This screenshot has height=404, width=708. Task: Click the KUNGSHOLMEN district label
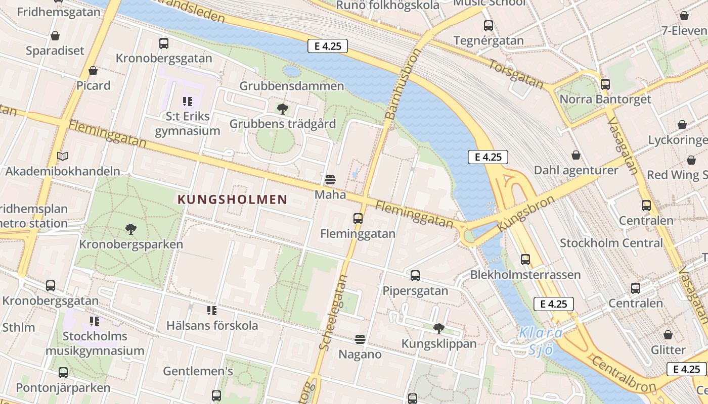(x=232, y=199)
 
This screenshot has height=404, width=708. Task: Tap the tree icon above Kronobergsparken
(x=131, y=229)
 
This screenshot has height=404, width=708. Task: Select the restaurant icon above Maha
(x=330, y=179)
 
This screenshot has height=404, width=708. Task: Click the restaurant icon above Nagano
(x=360, y=339)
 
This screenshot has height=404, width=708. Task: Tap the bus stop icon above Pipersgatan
(x=415, y=276)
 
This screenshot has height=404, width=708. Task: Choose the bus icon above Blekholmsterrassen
(x=525, y=260)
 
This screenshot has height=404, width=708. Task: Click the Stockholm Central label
(x=611, y=243)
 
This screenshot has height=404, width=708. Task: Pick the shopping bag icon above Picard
(x=93, y=70)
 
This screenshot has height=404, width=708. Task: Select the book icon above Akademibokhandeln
(x=63, y=156)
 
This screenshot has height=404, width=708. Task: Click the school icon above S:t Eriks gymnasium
(x=188, y=102)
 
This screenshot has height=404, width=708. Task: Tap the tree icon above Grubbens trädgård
(x=282, y=109)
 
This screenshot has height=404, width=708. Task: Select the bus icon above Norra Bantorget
(x=605, y=84)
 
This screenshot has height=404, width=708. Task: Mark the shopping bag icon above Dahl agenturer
(x=576, y=155)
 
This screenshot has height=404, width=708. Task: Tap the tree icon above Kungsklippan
(x=439, y=329)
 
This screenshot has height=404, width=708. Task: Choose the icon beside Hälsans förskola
(x=212, y=310)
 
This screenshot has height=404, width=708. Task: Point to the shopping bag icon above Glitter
(x=668, y=335)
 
